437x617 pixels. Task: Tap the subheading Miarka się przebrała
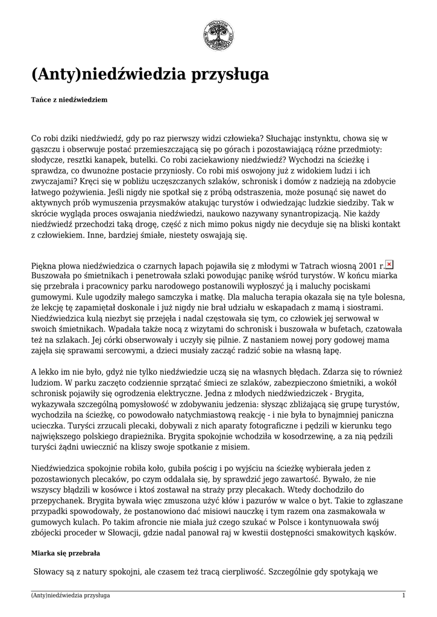(x=65, y=553)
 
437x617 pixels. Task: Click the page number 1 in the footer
(x=403, y=595)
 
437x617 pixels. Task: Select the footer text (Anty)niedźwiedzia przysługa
(x=70, y=595)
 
